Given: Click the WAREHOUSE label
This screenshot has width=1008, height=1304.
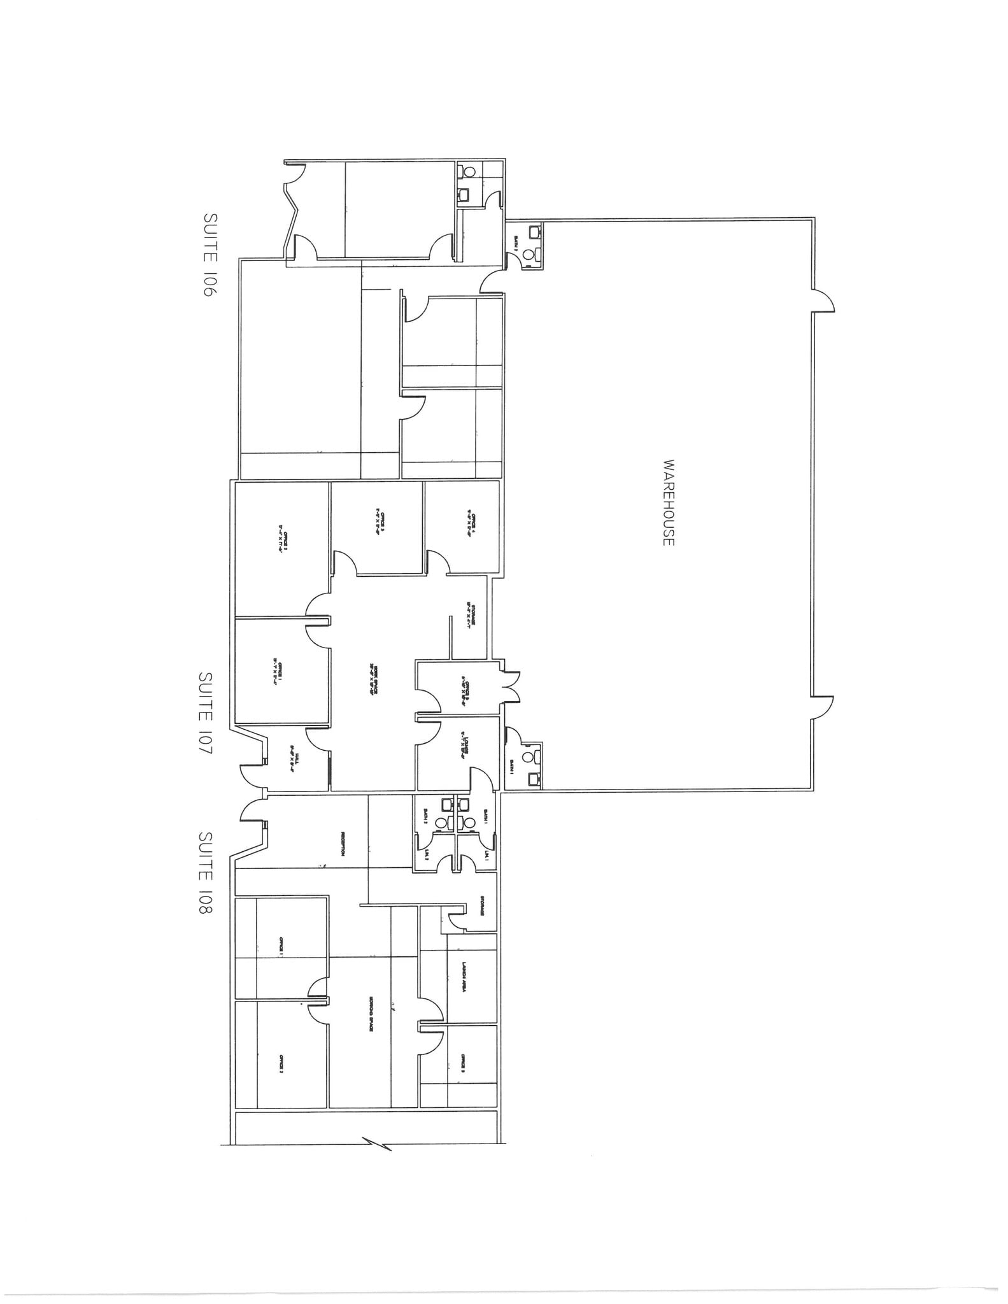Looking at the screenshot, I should click(x=668, y=502).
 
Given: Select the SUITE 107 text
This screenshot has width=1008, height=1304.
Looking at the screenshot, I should click(x=206, y=712).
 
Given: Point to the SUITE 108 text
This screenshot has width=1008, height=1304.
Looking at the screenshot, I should click(x=206, y=872).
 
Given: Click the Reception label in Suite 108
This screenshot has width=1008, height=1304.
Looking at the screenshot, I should click(x=343, y=844).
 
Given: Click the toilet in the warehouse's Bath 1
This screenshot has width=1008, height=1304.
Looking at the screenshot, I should click(x=528, y=758).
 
